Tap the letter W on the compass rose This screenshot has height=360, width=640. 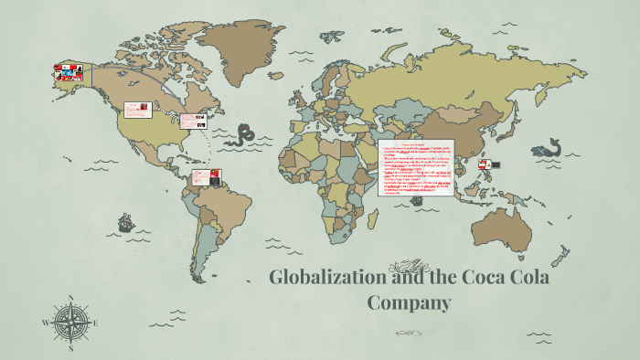tap(46, 323)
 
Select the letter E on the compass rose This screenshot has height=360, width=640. tap(96, 323)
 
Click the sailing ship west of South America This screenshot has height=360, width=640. tap(125, 223)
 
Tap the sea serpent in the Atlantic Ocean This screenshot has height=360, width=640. tap(243, 137)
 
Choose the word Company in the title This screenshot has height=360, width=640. tap(410, 302)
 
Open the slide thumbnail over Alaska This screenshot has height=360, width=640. tap(69, 73)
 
